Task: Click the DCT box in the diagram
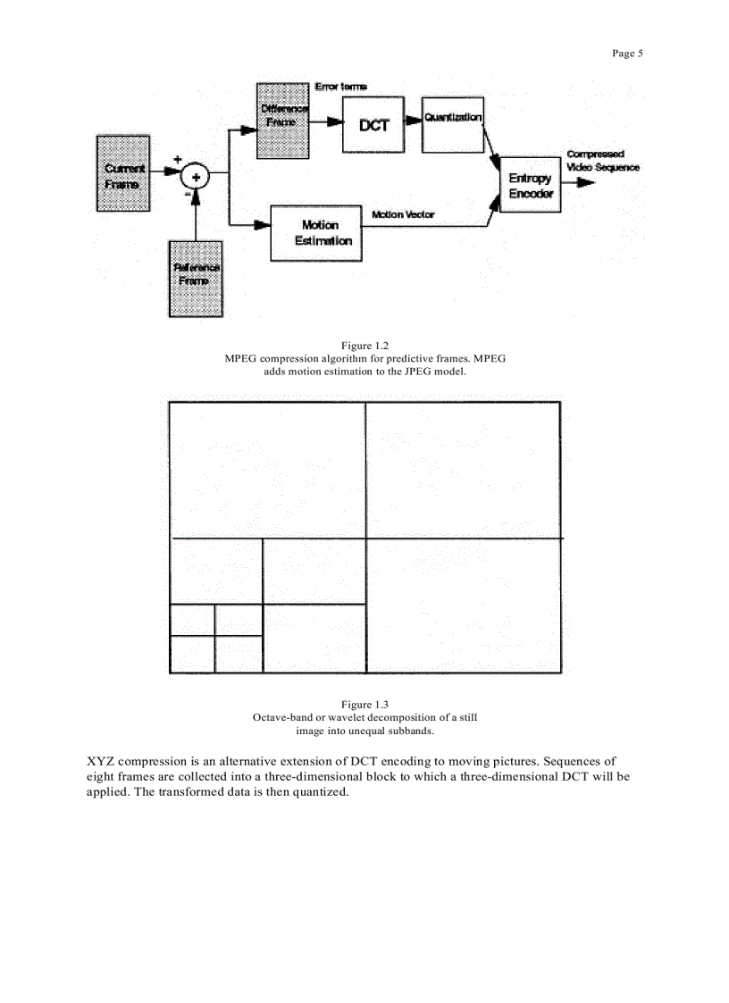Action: tap(373, 125)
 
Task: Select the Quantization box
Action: tap(453, 118)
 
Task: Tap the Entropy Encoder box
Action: tap(531, 186)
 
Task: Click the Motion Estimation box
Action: tap(316, 233)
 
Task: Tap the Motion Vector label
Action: tap(402, 215)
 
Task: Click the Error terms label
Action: tap(340, 87)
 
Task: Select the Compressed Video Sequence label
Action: tap(602, 161)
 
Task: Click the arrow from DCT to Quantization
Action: tap(413, 121)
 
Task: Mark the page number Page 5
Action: tap(627, 54)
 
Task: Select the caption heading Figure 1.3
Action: tap(364, 705)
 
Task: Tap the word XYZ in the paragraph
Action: tap(101, 762)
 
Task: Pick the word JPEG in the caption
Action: tap(406, 371)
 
